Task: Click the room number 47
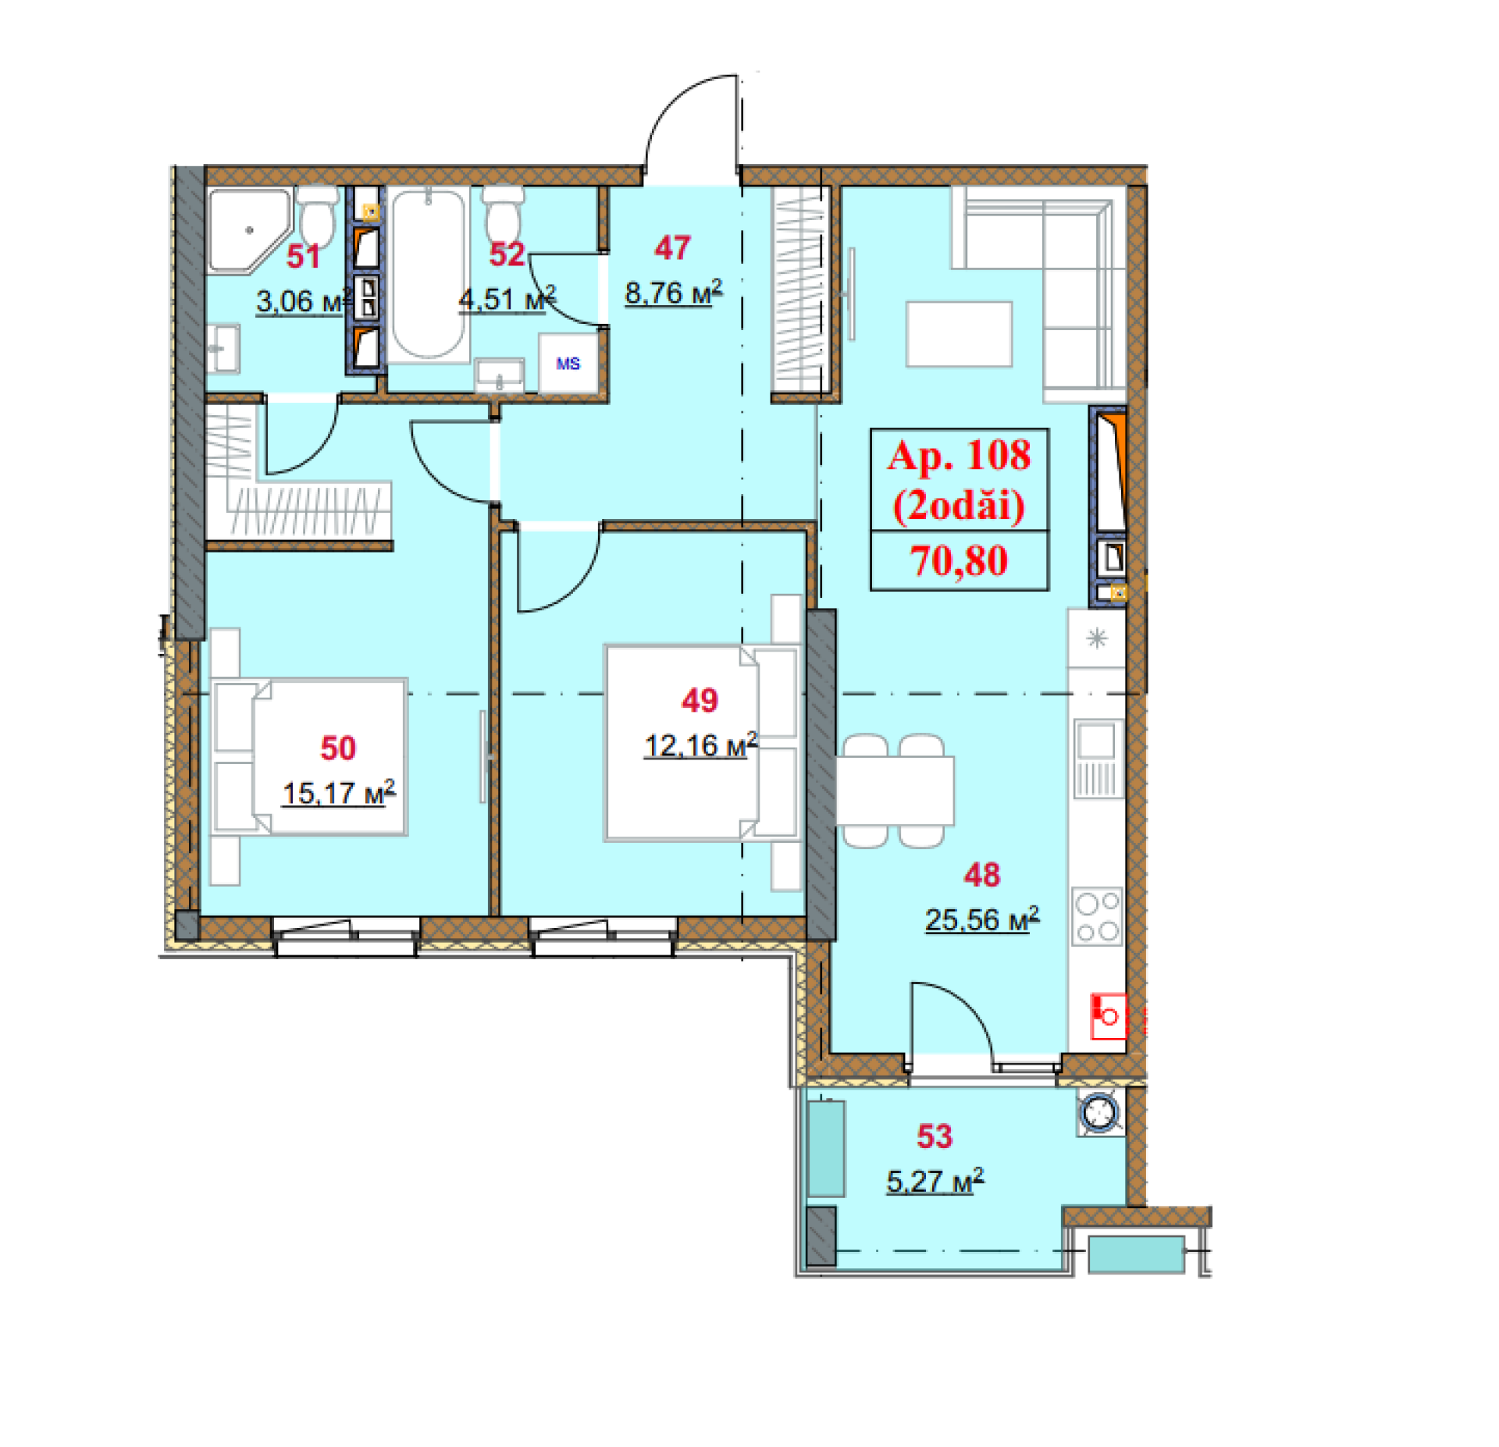click(672, 248)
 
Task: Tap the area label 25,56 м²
click(981, 919)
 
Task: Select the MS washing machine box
click(568, 363)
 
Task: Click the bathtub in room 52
click(428, 274)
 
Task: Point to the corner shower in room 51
click(246, 230)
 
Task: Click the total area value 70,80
click(959, 560)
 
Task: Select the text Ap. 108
click(959, 455)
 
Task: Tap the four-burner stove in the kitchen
click(1097, 916)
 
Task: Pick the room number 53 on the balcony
click(934, 1136)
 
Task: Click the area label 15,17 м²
click(338, 793)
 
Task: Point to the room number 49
click(700, 700)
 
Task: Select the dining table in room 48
click(895, 791)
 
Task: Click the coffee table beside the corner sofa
click(959, 334)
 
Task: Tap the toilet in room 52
click(503, 214)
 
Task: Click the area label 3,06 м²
click(304, 300)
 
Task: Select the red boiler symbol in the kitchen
click(1109, 1015)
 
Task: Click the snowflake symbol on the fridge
click(1097, 638)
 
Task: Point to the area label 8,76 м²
click(674, 292)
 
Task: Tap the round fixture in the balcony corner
click(1102, 1112)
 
